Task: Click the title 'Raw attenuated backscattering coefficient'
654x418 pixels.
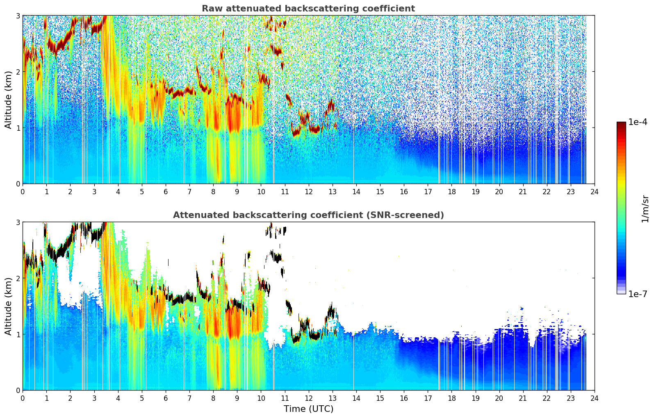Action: tap(308, 9)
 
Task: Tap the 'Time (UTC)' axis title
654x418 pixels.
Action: tap(308, 409)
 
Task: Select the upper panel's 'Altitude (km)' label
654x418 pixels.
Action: tap(8, 100)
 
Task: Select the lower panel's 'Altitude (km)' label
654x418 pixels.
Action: tap(8, 306)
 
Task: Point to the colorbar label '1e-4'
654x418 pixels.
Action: tap(638, 122)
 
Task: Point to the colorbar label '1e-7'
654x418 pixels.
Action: tap(638, 294)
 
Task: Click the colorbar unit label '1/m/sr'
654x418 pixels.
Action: tap(645, 209)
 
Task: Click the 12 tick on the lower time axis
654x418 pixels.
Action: tap(308, 398)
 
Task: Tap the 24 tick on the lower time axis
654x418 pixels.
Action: tap(594, 398)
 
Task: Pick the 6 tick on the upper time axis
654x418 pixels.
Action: tap(165, 191)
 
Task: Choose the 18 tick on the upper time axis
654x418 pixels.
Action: tap(451, 191)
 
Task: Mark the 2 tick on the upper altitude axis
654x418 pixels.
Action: tap(18, 72)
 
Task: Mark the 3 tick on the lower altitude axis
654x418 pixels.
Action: tap(18, 222)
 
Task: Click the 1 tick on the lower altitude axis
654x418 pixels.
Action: tap(18, 334)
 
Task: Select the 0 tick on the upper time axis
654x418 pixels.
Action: tap(23, 191)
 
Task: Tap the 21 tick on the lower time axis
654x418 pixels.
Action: tap(523, 398)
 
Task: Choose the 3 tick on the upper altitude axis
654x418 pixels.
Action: tap(18, 16)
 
